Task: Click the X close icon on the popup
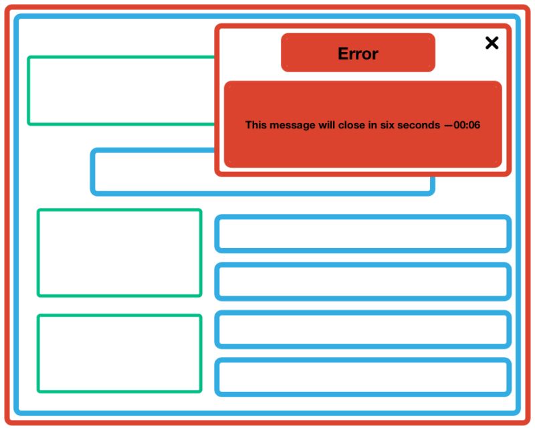(492, 43)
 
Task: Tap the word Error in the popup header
(358, 53)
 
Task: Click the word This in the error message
(256, 125)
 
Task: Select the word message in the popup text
(291, 125)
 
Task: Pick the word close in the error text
(352, 125)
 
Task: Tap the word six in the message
(389, 125)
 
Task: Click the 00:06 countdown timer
(467, 125)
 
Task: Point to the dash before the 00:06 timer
(448, 125)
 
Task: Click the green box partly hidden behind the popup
(120, 90)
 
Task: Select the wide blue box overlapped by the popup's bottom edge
(154, 173)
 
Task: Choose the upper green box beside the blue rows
(119, 253)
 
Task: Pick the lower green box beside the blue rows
(119, 353)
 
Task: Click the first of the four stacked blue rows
(362, 234)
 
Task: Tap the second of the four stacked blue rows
(362, 282)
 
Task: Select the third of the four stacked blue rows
(362, 330)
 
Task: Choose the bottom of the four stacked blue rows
(362, 377)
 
